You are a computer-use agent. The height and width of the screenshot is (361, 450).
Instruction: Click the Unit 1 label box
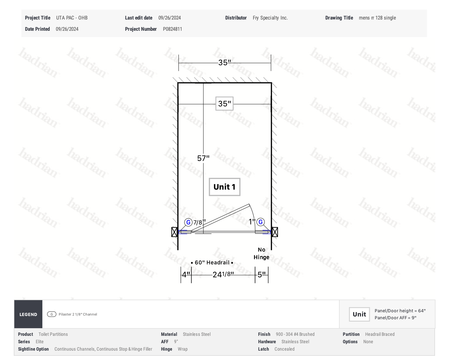(224, 187)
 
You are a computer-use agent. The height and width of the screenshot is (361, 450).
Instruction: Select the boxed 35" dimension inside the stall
(224, 104)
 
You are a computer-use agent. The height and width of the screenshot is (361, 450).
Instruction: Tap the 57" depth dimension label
(203, 158)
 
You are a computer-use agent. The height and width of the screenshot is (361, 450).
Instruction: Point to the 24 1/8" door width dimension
(223, 275)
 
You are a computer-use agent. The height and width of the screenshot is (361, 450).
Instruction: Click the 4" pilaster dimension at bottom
(186, 275)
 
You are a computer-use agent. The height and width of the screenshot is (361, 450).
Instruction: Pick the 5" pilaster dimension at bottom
(262, 275)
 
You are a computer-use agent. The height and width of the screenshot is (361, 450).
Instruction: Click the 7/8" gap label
(200, 222)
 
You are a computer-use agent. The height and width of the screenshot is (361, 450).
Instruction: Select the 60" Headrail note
(212, 262)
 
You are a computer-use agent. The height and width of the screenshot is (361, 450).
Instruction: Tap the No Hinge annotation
(261, 253)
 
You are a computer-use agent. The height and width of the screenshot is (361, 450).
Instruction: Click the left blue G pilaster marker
(188, 222)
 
